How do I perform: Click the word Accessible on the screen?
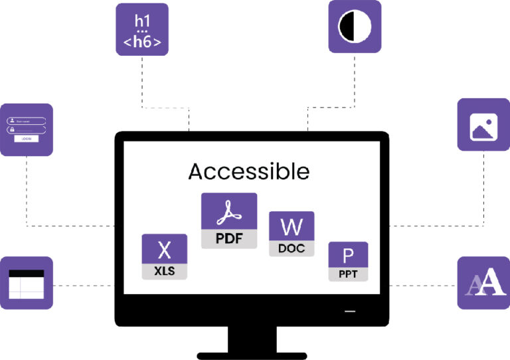click(x=248, y=171)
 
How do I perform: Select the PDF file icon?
click(x=229, y=221)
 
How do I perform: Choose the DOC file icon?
click(x=291, y=234)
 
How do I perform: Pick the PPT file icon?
click(x=348, y=262)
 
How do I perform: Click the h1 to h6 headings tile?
click(x=142, y=29)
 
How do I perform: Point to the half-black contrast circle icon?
click(x=355, y=27)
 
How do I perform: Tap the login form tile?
click(x=27, y=130)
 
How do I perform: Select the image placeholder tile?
click(x=484, y=125)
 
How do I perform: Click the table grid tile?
click(x=26, y=283)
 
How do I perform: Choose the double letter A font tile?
click(x=484, y=283)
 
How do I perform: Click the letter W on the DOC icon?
click(x=291, y=227)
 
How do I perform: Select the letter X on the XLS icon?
click(x=164, y=250)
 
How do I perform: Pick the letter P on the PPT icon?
click(x=348, y=256)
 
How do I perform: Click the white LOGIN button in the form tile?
click(x=27, y=139)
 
